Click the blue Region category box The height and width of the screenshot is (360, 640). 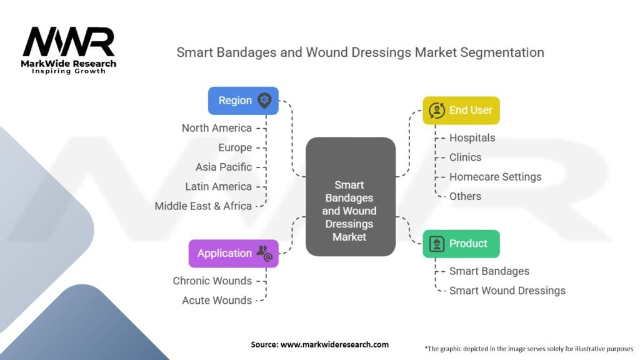[x=243, y=101]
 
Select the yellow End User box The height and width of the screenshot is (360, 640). [x=461, y=111]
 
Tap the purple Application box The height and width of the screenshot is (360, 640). [x=233, y=253]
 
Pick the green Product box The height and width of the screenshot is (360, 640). [x=461, y=244]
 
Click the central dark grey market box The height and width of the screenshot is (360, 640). [x=350, y=197]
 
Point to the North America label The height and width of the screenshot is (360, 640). [x=217, y=128]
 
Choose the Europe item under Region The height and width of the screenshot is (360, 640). [x=235, y=147]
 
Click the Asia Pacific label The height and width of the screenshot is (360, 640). [x=224, y=167]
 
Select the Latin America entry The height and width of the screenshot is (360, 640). [x=218, y=186]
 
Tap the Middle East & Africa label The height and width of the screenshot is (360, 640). [x=203, y=206]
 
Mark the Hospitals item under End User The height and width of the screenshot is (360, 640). [x=472, y=138]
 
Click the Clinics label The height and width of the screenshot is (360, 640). [x=465, y=157]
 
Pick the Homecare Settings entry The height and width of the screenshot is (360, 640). [x=495, y=177]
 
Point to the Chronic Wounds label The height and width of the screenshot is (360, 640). [x=212, y=281]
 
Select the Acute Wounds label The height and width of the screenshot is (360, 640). [x=217, y=300]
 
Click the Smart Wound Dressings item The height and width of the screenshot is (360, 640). [x=507, y=291]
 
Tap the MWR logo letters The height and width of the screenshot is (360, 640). [x=69, y=42]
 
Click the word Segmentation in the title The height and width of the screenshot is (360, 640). [x=502, y=52]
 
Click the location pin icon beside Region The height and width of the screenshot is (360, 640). [x=264, y=100]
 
